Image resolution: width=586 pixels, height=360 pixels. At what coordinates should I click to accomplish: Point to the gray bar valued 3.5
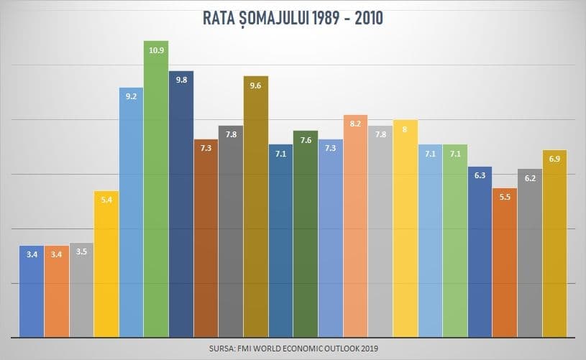click(81, 290)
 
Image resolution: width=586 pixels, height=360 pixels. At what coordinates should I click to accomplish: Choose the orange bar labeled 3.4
click(56, 291)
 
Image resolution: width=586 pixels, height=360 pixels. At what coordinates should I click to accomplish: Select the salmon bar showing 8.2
click(356, 226)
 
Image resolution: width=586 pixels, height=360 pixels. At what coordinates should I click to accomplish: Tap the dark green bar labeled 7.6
click(306, 234)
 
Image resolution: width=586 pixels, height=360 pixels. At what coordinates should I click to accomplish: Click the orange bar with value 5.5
click(505, 263)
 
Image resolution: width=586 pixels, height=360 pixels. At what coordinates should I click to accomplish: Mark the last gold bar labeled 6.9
click(555, 244)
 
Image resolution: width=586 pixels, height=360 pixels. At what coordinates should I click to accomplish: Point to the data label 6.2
click(530, 177)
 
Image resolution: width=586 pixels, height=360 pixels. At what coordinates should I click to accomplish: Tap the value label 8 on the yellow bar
click(406, 129)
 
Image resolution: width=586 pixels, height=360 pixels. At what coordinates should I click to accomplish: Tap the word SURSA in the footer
click(223, 349)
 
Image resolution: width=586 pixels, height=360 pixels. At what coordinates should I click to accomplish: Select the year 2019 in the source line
click(368, 349)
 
